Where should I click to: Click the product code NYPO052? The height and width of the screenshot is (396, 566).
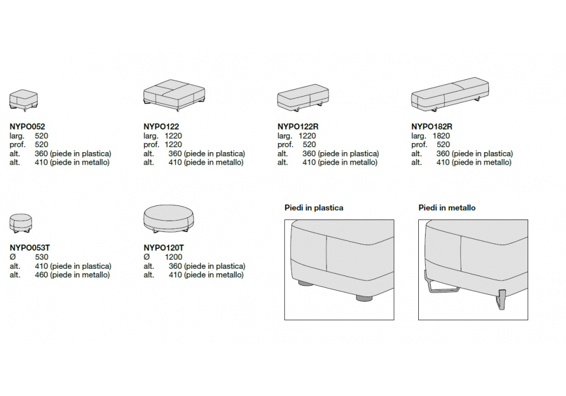pyautogui.click(x=27, y=127)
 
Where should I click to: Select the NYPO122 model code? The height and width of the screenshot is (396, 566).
pyautogui.click(x=161, y=127)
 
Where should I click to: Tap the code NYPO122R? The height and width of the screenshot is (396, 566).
pyautogui.click(x=298, y=127)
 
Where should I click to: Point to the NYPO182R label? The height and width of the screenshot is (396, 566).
pyautogui.click(x=432, y=127)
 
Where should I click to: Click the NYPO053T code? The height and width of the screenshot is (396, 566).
pyautogui.click(x=29, y=248)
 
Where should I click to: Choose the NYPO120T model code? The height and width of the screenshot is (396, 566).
pyautogui.click(x=164, y=248)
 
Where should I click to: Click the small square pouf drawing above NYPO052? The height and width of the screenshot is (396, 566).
pyautogui.click(x=23, y=101)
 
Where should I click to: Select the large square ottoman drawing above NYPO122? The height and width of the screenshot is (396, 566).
pyautogui.click(x=174, y=95)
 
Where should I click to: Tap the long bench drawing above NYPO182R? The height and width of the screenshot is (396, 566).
pyautogui.click(x=450, y=94)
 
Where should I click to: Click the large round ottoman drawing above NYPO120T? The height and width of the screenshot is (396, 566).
pyautogui.click(x=169, y=219)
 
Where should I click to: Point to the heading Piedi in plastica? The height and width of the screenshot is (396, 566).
pyautogui.click(x=314, y=208)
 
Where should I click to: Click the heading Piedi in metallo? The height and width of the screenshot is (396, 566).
pyautogui.click(x=447, y=208)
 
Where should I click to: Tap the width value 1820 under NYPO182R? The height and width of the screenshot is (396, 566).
pyautogui.click(x=441, y=136)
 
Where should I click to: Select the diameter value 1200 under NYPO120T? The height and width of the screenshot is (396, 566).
pyautogui.click(x=174, y=257)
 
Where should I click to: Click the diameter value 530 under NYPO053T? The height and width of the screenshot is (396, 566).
pyautogui.click(x=41, y=257)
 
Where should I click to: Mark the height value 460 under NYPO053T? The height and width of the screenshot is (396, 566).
pyautogui.click(x=41, y=275)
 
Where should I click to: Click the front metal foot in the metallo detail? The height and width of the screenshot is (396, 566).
pyautogui.click(x=501, y=299)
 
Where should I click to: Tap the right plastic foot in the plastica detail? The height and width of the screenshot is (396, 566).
pyautogui.click(x=363, y=298)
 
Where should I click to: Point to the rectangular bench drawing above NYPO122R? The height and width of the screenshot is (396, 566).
pyautogui.click(x=303, y=97)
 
